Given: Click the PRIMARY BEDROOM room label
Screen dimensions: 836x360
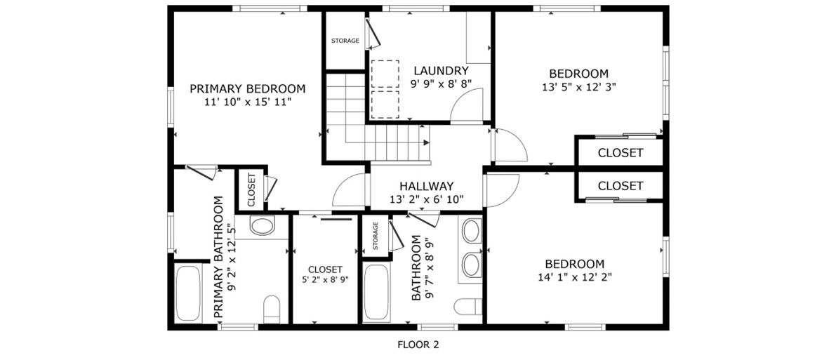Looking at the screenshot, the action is pyautogui.click(x=247, y=88).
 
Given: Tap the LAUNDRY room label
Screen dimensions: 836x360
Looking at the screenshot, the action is pyautogui.click(x=441, y=70).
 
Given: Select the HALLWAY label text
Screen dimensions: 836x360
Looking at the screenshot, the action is pyautogui.click(x=427, y=186).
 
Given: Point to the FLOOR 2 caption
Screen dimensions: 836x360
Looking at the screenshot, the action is pyautogui.click(x=418, y=345).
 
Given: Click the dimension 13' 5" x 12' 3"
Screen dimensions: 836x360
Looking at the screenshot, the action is pyautogui.click(x=578, y=86).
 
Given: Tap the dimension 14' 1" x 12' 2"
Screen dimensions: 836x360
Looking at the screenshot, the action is pyautogui.click(x=575, y=276).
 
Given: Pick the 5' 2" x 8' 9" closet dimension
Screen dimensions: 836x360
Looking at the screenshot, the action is pyautogui.click(x=325, y=279).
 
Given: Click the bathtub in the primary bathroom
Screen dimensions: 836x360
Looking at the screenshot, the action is pyautogui.click(x=187, y=293).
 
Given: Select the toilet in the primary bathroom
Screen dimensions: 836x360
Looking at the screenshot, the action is pyautogui.click(x=272, y=309).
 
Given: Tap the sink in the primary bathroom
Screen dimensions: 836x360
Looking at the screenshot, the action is pyautogui.click(x=262, y=225).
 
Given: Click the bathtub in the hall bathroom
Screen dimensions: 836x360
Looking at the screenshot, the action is pyautogui.click(x=376, y=293).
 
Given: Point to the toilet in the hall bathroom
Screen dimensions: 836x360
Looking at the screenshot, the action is pyautogui.click(x=467, y=307).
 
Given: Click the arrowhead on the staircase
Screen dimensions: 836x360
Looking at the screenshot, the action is pyautogui.click(x=426, y=142).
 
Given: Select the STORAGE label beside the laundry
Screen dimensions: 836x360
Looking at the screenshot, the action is pyautogui.click(x=345, y=41).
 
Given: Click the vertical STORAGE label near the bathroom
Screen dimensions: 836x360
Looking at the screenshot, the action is pyautogui.click(x=376, y=236).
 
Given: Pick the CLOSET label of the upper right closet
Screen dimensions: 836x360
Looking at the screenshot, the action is pyautogui.click(x=620, y=153).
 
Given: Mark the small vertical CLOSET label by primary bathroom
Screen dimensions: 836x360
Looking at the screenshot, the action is pyautogui.click(x=251, y=190).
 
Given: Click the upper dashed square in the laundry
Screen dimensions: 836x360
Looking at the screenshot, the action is pyautogui.click(x=385, y=74).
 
